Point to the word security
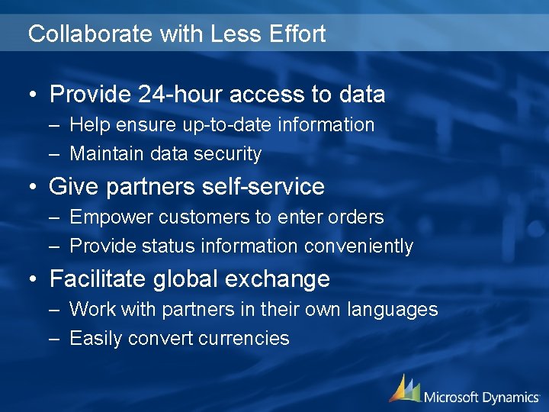click(x=227, y=154)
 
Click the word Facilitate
click(x=98, y=279)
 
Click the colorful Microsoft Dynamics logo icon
click(x=404, y=388)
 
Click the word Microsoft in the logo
click(x=451, y=397)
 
